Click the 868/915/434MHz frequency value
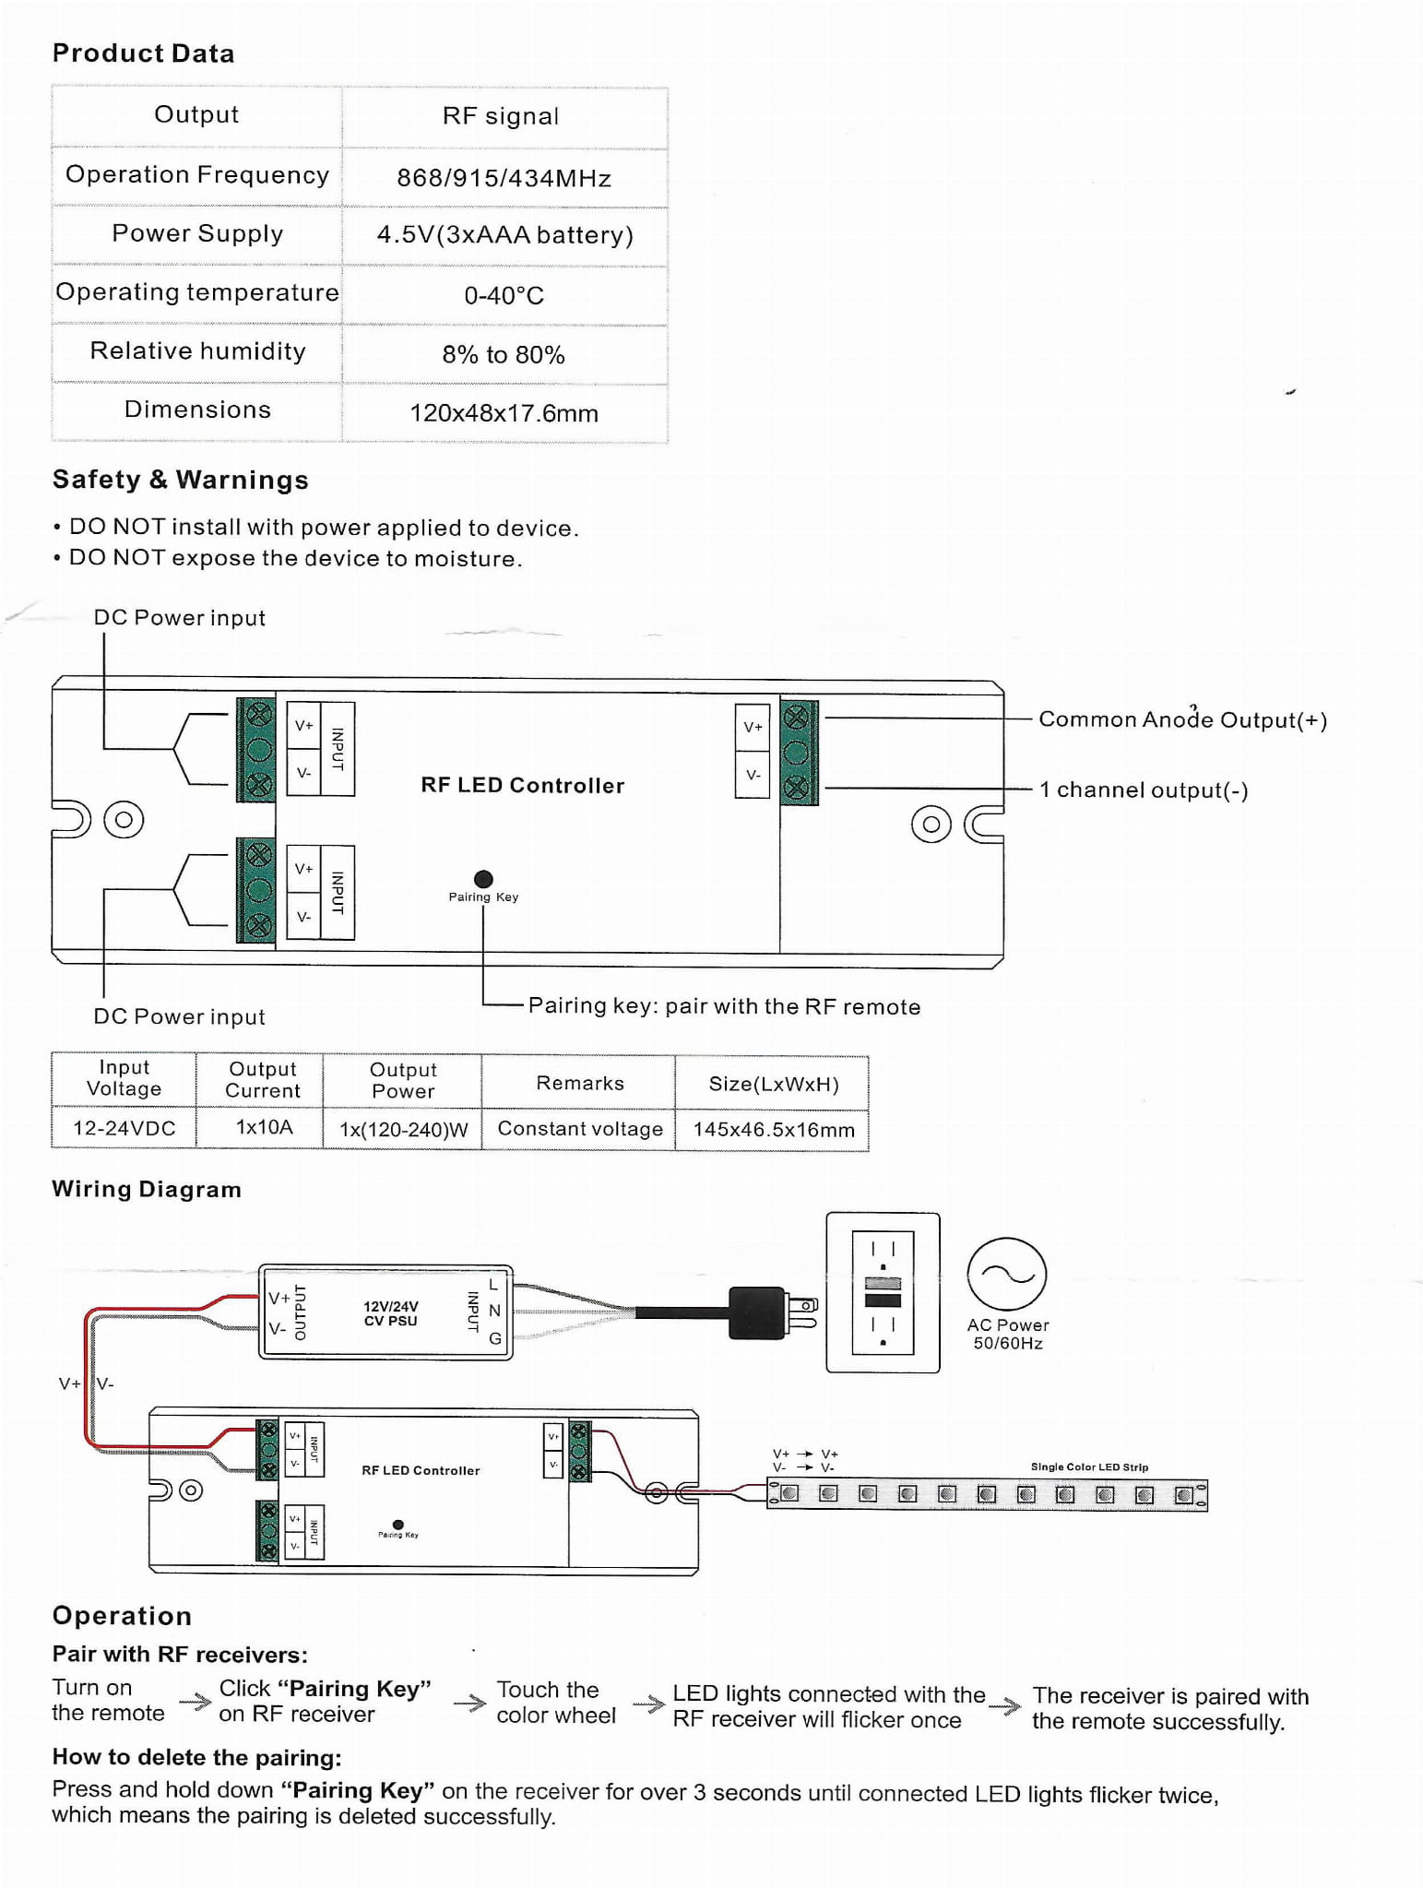tap(504, 178)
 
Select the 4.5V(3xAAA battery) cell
tap(504, 235)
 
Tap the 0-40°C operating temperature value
tap(504, 295)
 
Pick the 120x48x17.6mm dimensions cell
tap(504, 413)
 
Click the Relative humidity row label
tap(197, 351)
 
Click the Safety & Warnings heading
tap(180, 480)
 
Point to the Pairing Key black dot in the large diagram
tap(483, 879)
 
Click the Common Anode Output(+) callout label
tap(1182, 719)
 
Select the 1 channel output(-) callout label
tap(1144, 790)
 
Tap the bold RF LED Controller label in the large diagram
tap(522, 785)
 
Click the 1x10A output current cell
tap(264, 1127)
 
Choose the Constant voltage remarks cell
tap(580, 1129)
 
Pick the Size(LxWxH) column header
tap(773, 1084)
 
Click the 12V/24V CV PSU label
tap(390, 1313)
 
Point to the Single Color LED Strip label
tap(1089, 1466)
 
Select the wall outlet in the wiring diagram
tap(883, 1292)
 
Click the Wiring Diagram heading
tap(147, 1189)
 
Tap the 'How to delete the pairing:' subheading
tap(196, 1757)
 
